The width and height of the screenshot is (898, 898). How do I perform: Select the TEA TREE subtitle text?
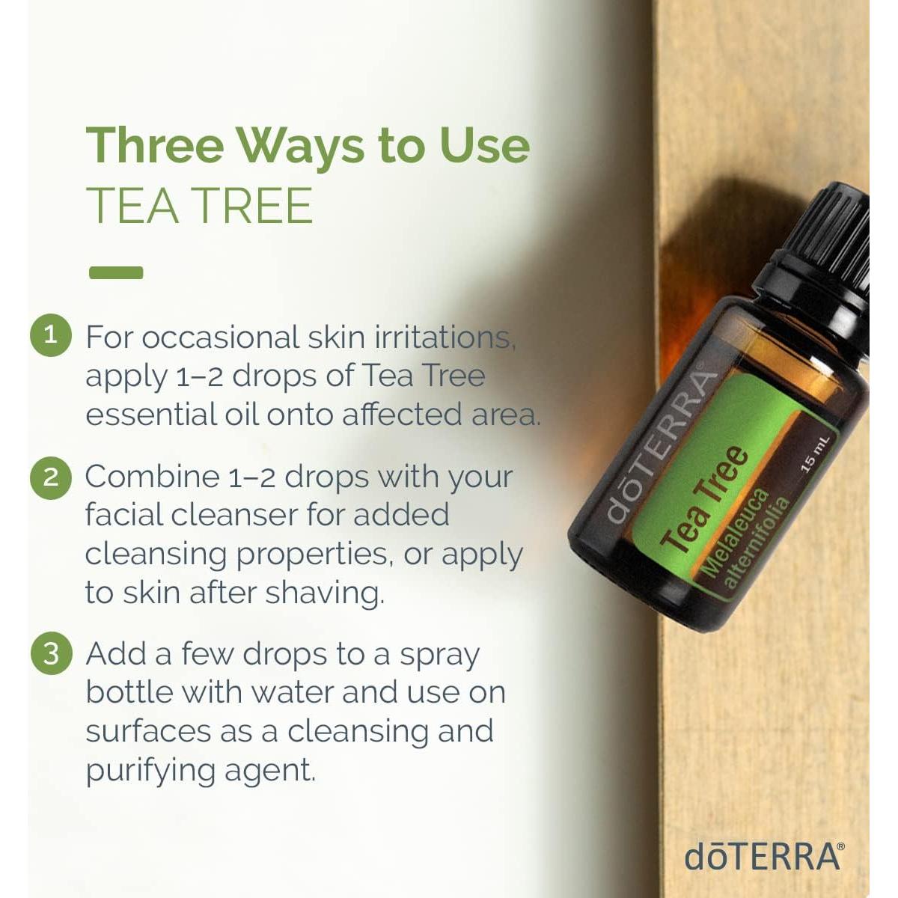tap(199, 206)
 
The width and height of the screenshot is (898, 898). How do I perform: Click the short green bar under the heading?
tap(116, 273)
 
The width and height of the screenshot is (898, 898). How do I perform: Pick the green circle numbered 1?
tap(51, 335)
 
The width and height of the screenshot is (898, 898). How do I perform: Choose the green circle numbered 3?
tap(51, 653)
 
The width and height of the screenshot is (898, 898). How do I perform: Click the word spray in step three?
tap(439, 656)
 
